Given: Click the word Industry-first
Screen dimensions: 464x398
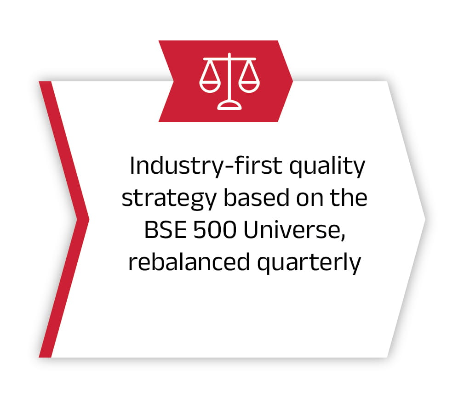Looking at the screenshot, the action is click(206, 166).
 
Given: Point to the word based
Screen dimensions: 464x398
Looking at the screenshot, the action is click(256, 198).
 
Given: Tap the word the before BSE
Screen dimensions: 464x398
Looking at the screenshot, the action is click(348, 198).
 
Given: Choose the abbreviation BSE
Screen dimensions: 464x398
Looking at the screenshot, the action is click(166, 230).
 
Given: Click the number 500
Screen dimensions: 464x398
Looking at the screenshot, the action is click(215, 230).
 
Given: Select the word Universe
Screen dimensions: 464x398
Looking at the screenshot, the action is click(292, 230).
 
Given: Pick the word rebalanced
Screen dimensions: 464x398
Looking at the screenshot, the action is click(189, 262).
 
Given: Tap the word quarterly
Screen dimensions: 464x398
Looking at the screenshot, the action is click(309, 263).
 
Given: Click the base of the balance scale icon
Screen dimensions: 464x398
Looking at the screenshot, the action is click(229, 105).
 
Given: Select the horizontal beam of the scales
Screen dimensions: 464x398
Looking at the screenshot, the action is click(229, 59).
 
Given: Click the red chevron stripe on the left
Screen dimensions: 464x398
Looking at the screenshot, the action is click(64, 219).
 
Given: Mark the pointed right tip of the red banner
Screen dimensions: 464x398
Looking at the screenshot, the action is click(292, 81).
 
